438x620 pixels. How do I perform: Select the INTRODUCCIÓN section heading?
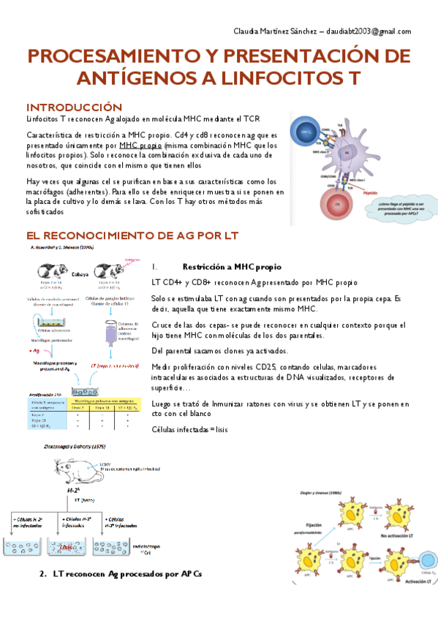click(74, 107)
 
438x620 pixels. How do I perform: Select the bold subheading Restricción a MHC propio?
click(226, 267)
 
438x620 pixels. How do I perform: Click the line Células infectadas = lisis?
click(189, 430)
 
